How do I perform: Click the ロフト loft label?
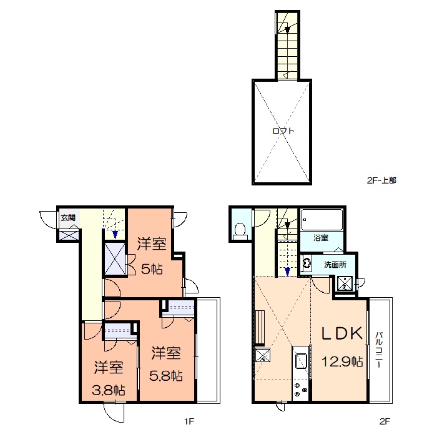(283, 130)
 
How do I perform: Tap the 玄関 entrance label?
(68, 217)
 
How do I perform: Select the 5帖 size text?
(152, 269)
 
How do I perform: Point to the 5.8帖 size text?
(166, 376)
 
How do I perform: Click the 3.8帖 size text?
(109, 390)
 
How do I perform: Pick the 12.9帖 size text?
(342, 361)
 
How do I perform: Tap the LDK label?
(342, 333)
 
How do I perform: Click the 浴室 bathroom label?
(321, 238)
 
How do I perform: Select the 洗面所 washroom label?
(335, 265)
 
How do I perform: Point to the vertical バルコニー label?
(378, 349)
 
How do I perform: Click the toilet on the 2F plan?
(240, 231)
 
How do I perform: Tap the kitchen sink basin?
(301, 361)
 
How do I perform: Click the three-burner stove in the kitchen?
(301, 390)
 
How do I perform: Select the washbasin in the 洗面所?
(307, 263)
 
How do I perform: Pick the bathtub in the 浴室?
(322, 220)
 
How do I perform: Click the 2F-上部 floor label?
(381, 180)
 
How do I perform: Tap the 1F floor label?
(189, 421)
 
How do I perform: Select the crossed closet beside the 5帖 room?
(115, 258)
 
